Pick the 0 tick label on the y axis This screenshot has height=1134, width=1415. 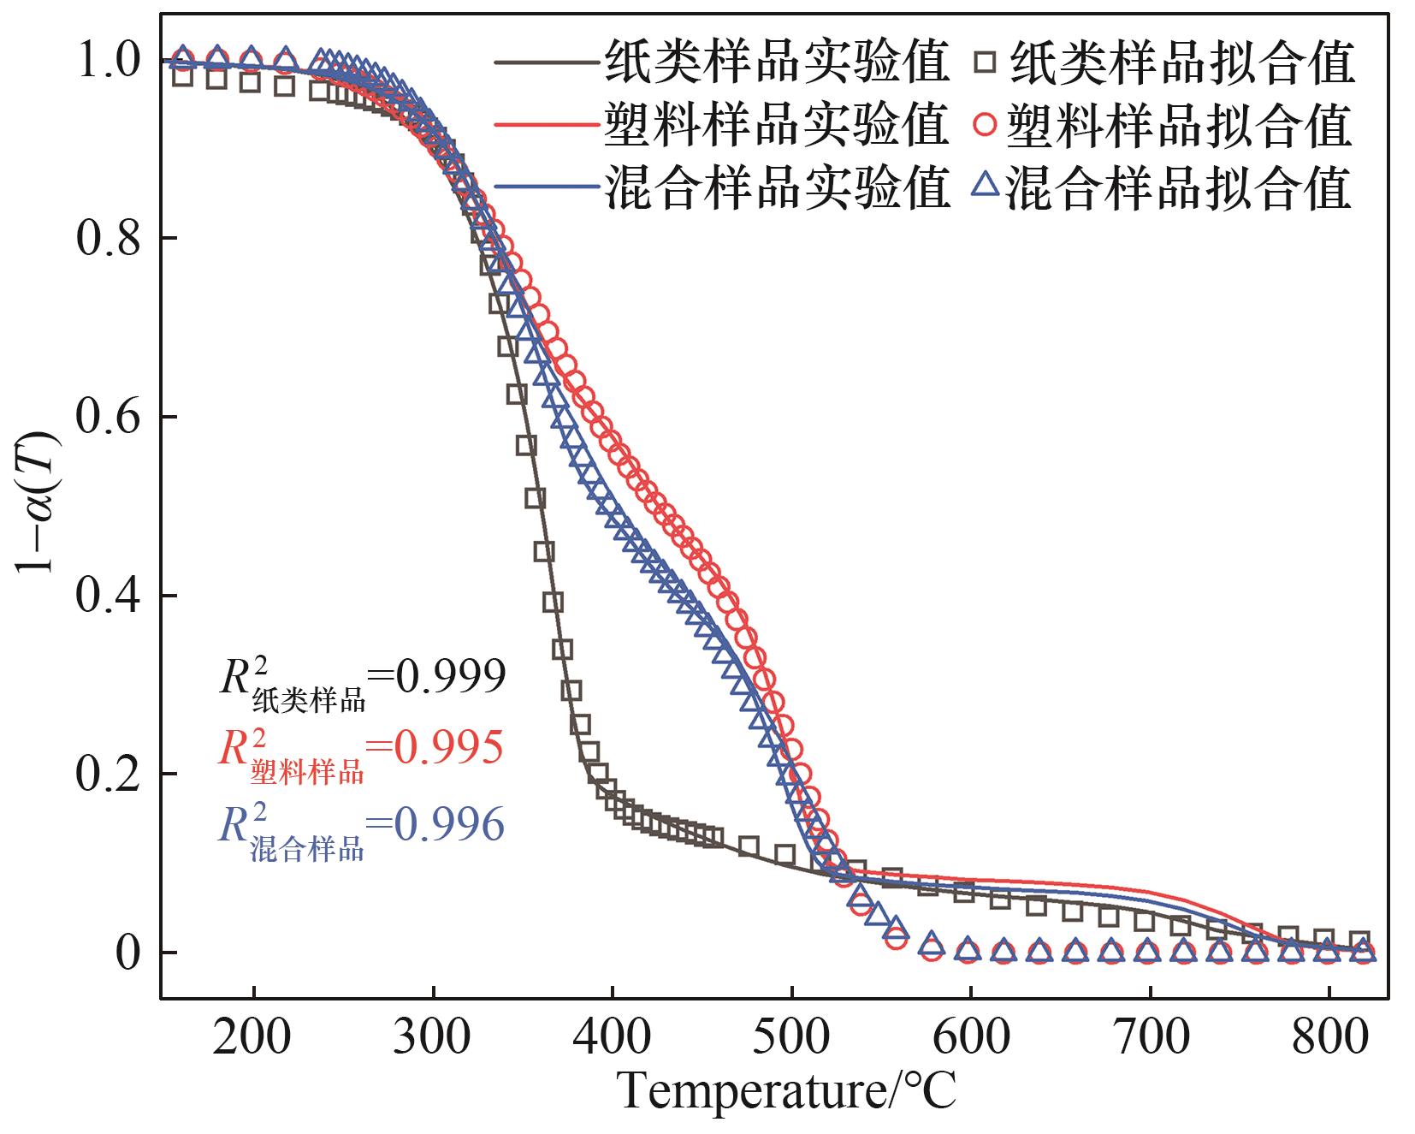pos(127,953)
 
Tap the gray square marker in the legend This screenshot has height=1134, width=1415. pos(988,62)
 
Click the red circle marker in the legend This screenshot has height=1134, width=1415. pos(986,125)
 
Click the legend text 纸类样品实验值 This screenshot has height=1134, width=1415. pos(777,62)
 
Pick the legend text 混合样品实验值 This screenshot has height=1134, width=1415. pos(777,187)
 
